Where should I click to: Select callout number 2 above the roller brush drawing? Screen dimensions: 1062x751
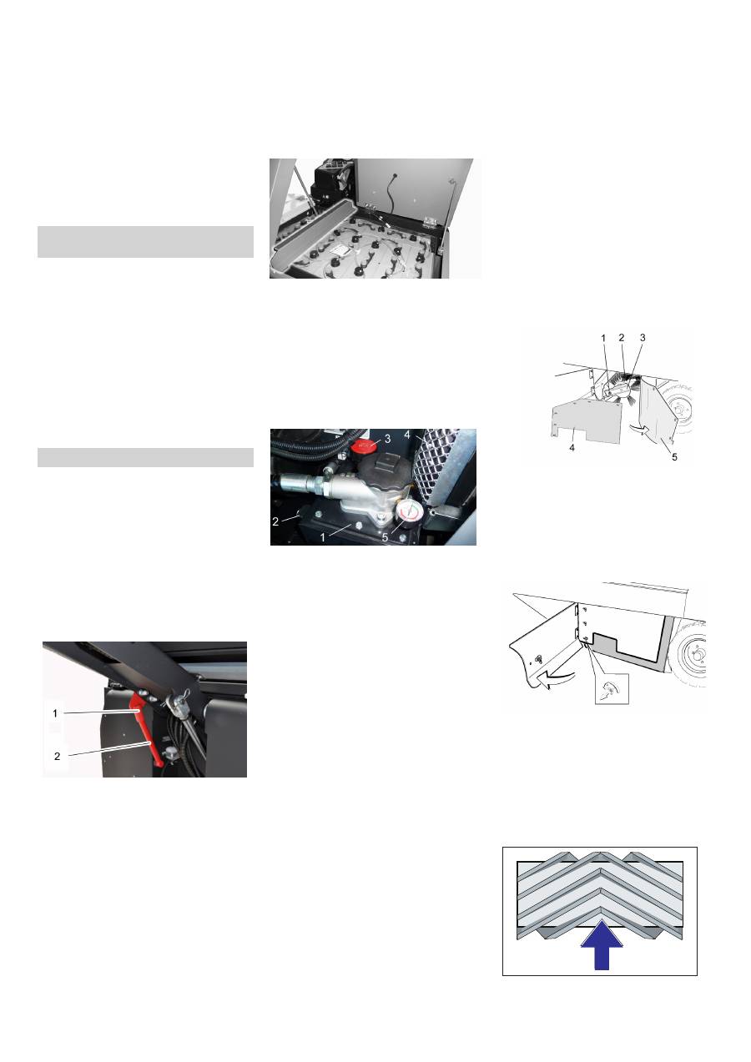coord(622,338)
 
